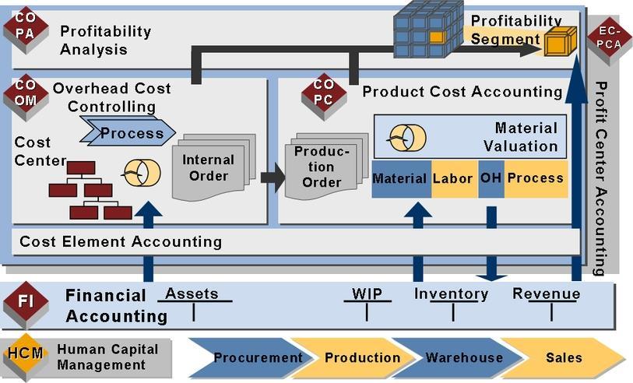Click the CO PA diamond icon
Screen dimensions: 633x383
[26, 30]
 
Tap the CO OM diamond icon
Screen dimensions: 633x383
[26, 97]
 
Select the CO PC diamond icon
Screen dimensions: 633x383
[324, 97]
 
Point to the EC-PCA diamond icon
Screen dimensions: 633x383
[609, 40]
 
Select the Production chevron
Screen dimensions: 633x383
[355, 357]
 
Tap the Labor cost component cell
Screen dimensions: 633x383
[455, 179]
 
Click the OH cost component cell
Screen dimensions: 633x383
[491, 179]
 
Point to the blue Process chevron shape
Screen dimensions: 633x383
[128, 131]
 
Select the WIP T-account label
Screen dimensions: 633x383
[367, 293]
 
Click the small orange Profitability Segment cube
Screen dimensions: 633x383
[561, 41]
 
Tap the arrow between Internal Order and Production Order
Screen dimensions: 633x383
[273, 177]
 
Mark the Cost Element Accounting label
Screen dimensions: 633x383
[121, 242]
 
